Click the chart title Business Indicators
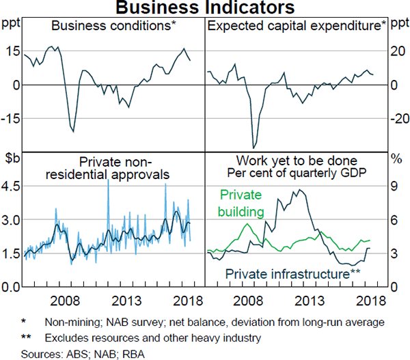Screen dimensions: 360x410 pos(204,8)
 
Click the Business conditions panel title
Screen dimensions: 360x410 pos(112,27)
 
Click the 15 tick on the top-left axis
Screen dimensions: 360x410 pos(12,51)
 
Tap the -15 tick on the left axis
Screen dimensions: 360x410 pos(10,118)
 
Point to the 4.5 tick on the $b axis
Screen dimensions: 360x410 pos(12,186)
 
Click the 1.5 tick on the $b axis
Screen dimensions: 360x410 pos(12,253)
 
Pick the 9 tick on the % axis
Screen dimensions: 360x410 pos(394,186)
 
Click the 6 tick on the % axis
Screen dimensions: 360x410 pos(394,219)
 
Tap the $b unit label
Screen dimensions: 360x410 pos(11,161)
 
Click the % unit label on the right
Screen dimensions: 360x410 pos(395,161)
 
